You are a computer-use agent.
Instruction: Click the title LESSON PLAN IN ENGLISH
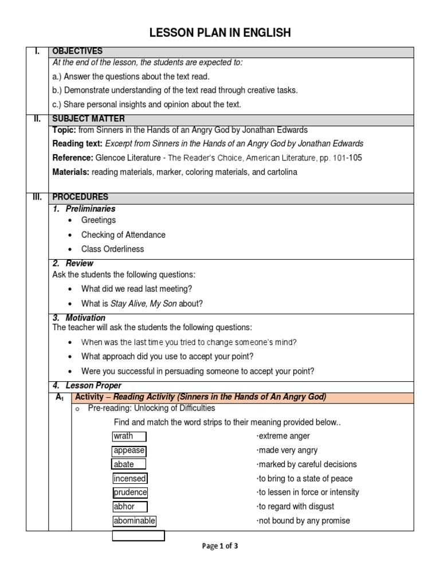coord(220,33)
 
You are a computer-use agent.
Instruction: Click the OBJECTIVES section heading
coord(77,52)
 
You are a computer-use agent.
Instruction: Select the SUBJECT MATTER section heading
coord(86,119)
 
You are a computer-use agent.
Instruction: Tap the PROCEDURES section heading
coord(80,197)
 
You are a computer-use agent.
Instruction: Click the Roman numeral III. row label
coord(37,197)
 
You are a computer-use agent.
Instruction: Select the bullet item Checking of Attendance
coord(123,234)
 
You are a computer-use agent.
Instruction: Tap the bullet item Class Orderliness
coord(113,249)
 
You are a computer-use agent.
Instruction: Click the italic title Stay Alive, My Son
coord(143,303)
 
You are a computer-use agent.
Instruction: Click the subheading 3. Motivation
coord(79,318)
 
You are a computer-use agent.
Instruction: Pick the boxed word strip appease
coord(129,451)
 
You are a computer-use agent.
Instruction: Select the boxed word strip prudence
coord(130,492)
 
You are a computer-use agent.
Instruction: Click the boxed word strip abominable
coord(134,521)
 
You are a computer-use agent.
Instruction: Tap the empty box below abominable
coord(138,535)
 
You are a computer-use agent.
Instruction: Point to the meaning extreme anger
coord(283,436)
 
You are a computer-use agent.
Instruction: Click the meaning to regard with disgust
coord(295,506)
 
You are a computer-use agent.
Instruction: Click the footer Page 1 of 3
coord(220,546)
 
